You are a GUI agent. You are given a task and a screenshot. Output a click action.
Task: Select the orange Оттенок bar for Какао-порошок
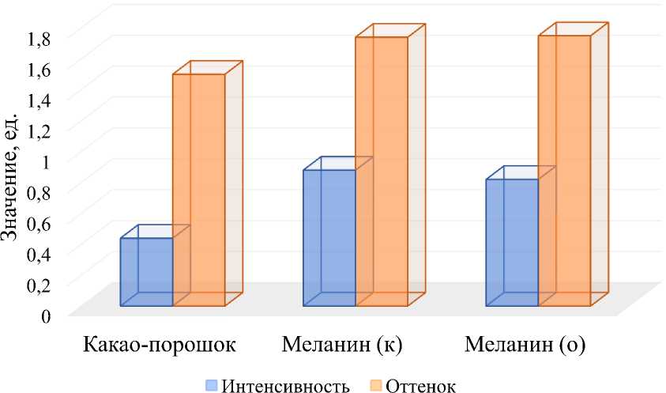coord(198,190)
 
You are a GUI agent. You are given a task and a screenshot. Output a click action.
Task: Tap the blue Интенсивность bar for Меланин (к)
coord(329,237)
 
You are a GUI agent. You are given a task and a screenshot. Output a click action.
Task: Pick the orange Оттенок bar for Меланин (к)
coord(382,171)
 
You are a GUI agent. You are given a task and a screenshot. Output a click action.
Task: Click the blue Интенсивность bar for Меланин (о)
coord(512,242)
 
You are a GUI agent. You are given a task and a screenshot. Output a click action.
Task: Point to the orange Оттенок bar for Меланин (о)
coord(564,170)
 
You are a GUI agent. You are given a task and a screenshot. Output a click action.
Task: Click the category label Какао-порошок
coord(158,346)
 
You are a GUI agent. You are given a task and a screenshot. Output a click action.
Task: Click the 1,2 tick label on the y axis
coord(40,129)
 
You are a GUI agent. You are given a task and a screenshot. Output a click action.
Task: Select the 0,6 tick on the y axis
coord(40,222)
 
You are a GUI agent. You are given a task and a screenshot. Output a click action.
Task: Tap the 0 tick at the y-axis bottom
coord(47,316)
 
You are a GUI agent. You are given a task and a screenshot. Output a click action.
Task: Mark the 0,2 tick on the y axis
coord(40,285)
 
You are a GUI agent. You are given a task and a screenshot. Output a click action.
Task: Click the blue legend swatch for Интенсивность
coord(211,385)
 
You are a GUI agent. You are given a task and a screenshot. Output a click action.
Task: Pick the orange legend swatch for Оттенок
coord(375,385)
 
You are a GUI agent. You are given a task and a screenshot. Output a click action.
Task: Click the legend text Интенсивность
coord(286,385)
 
